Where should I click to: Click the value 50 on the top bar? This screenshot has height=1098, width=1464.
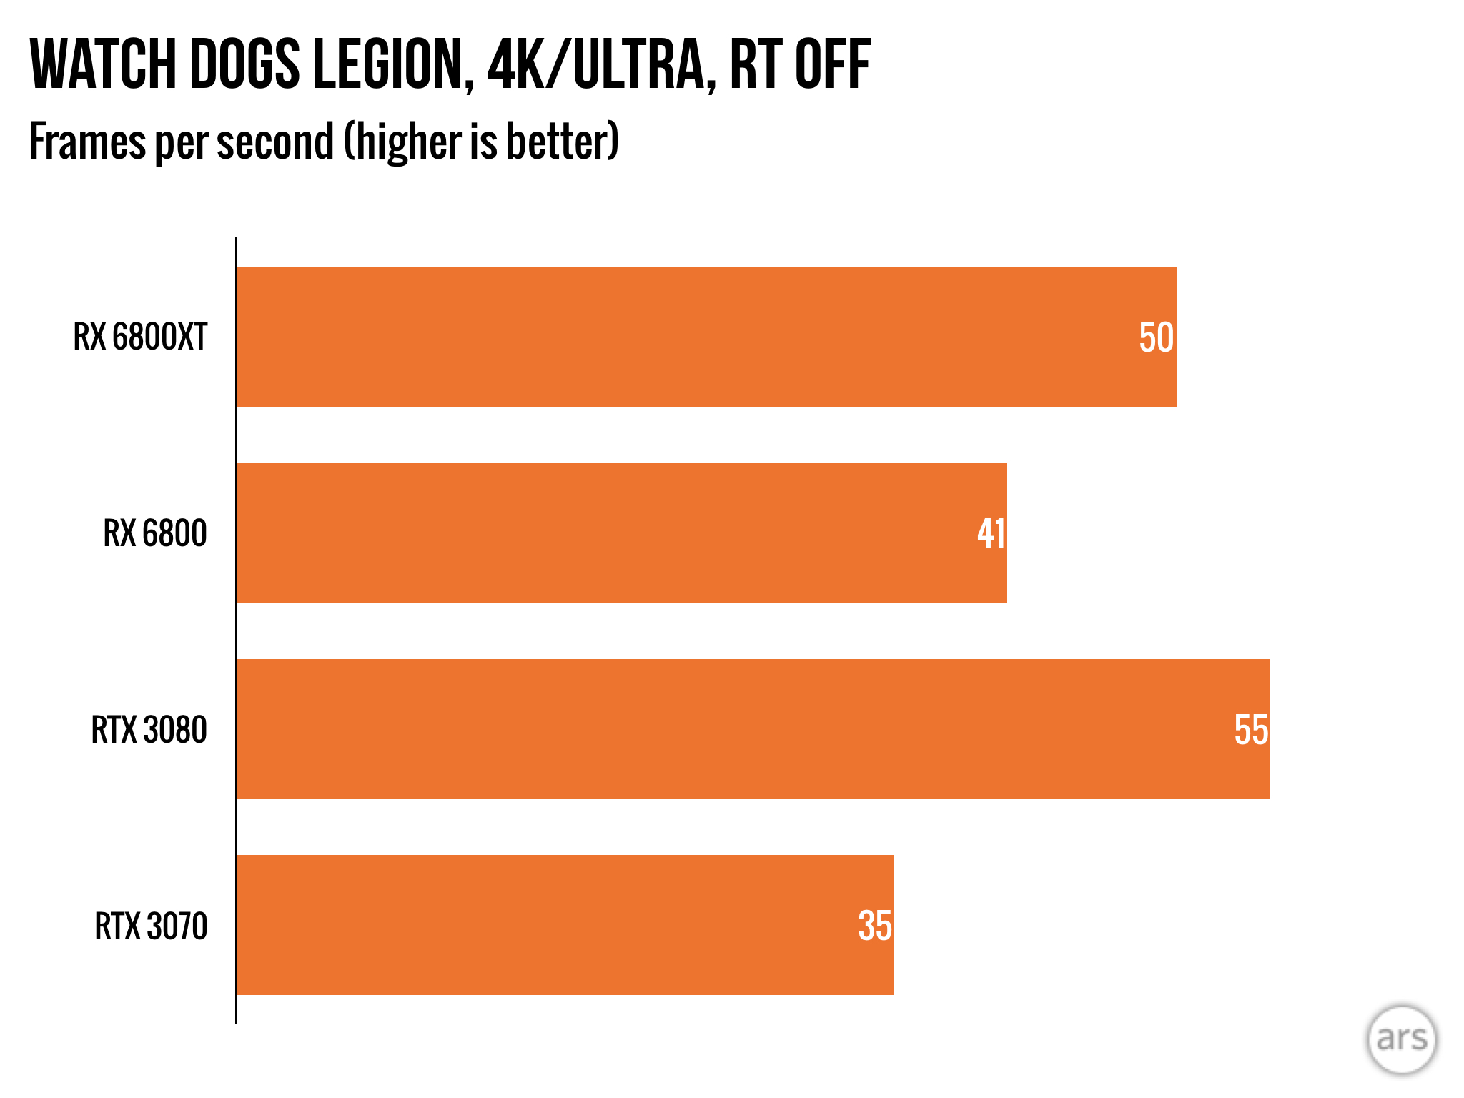pyautogui.click(x=1155, y=338)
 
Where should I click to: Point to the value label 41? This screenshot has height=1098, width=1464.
pyautogui.click(x=991, y=533)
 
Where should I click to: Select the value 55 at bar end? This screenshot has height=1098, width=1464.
pyautogui.click(x=1250, y=730)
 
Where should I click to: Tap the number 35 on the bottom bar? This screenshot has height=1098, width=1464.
pyautogui.click(x=874, y=926)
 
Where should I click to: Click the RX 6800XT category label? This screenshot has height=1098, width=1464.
pyautogui.click(x=140, y=337)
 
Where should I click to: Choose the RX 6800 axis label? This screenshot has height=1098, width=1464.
pyautogui.click(x=155, y=533)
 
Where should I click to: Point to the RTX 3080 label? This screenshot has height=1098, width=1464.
pyautogui.click(x=149, y=730)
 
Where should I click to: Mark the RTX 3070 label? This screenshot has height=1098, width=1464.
pyautogui.click(x=151, y=926)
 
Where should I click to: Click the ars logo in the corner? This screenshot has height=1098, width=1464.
pyautogui.click(x=1401, y=1039)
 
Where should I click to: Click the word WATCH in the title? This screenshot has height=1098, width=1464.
pyautogui.click(x=103, y=65)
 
